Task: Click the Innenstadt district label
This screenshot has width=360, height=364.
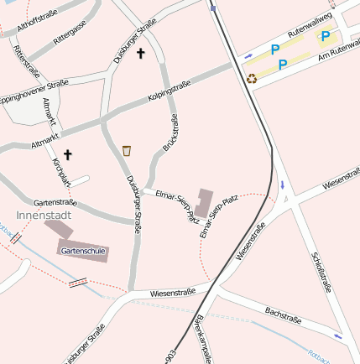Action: [44, 215]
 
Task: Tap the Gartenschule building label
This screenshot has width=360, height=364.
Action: [83, 250]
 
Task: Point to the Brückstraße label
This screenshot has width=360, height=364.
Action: [169, 133]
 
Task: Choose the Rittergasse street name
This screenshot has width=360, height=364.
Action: [70, 34]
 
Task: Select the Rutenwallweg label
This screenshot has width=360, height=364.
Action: [310, 23]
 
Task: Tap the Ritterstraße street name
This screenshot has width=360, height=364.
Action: [27, 61]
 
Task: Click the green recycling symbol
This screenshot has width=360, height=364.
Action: [252, 79]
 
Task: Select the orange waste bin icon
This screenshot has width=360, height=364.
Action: [127, 150]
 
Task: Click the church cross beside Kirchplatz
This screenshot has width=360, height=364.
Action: [68, 154]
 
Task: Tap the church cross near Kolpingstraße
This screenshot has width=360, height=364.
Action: [140, 54]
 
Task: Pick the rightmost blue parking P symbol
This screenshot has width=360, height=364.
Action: [325, 36]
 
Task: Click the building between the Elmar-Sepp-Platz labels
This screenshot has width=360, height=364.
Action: [204, 203]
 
